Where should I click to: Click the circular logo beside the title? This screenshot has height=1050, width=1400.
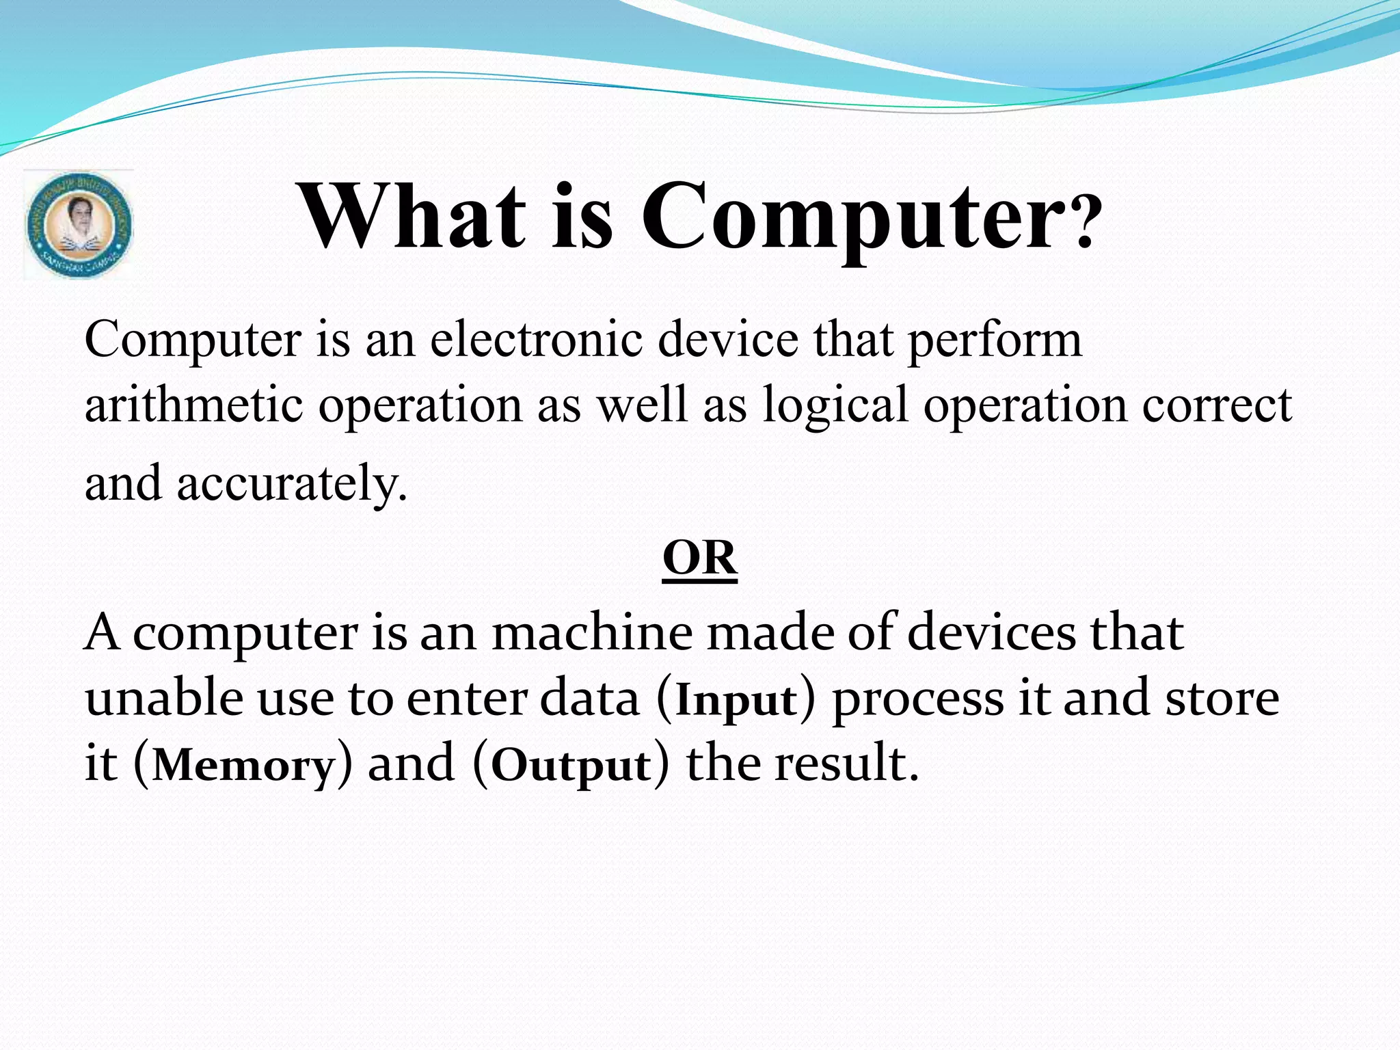click(x=79, y=225)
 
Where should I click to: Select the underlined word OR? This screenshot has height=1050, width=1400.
click(x=699, y=558)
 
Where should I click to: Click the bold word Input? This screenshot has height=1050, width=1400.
click(x=736, y=701)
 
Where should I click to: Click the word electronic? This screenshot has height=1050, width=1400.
click(x=537, y=340)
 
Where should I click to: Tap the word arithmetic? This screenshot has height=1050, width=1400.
click(x=193, y=405)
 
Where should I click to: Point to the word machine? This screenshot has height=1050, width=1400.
click(x=592, y=632)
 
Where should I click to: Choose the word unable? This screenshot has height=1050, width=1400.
click(x=164, y=698)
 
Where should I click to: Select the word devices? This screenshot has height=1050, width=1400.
click(x=992, y=632)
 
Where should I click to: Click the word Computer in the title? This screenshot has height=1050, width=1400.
click(x=851, y=217)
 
